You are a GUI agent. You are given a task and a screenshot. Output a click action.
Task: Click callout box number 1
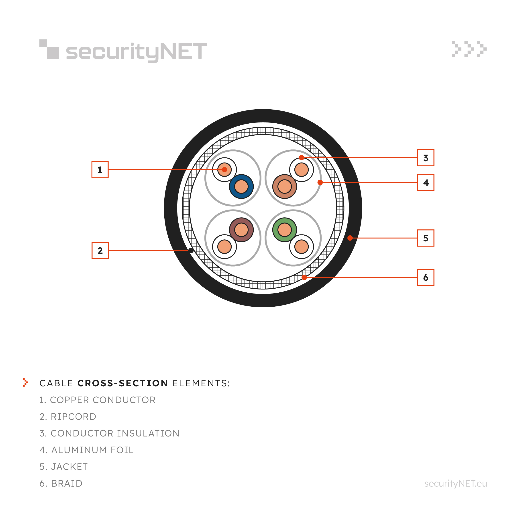tap(100, 170)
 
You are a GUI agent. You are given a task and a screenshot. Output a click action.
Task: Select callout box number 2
tap(100, 251)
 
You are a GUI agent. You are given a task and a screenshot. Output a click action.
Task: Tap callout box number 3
tap(426, 158)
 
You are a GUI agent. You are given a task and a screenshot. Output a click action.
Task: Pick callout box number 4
tap(426, 182)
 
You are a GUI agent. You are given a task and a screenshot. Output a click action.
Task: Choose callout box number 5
tap(426, 238)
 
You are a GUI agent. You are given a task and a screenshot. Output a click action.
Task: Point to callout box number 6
tap(426, 277)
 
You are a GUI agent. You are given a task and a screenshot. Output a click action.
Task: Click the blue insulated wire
tap(241, 186)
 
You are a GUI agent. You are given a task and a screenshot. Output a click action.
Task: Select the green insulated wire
tap(285, 230)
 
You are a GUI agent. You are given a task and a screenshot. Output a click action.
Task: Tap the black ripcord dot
tap(191, 251)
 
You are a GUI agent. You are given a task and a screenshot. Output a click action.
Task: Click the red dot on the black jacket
tap(350, 238)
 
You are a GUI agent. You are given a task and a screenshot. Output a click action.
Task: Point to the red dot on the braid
tap(304, 277)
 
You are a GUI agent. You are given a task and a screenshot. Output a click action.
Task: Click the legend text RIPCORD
tap(73, 417)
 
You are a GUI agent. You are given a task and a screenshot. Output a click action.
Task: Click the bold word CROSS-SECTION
tap(123, 383)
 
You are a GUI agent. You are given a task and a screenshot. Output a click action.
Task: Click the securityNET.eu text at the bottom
tap(455, 483)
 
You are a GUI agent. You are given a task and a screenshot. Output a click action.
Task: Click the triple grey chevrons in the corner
tap(469, 49)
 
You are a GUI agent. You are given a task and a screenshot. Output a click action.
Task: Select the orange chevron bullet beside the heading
tap(26, 382)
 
